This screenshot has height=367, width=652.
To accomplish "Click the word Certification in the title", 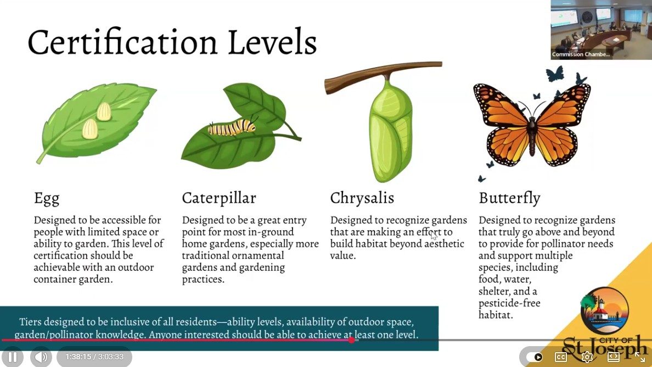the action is coord(122,42).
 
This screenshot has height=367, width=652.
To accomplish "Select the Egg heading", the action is coord(47,198).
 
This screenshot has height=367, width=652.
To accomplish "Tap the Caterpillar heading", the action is coord(219,198).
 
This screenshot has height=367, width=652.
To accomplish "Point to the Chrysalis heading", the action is coord(362,198).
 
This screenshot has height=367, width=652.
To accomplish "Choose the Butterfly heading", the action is coord(509,198).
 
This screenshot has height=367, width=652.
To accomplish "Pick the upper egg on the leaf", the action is coord(104,111).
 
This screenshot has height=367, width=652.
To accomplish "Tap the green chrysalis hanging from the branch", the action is coord(390,130).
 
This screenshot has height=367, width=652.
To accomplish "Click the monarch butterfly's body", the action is coord(532,132).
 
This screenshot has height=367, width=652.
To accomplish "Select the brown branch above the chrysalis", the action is coord(383,75).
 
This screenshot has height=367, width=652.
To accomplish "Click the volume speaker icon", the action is coord(41,357).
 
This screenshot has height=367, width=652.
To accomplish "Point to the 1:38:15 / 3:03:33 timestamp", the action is coord(94,357).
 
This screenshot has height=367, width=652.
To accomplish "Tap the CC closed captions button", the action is coord(560,357).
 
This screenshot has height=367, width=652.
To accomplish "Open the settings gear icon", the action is coord(587,357).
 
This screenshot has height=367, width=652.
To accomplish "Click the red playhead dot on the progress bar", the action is coord(352,340).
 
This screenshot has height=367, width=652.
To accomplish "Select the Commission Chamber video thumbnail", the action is coord(602,30).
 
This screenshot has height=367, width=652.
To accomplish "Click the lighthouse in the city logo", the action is coord(600,309).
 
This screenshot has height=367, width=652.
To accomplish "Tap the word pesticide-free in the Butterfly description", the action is coord(509,303).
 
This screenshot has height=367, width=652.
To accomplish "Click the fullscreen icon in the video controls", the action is coord(639,357).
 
